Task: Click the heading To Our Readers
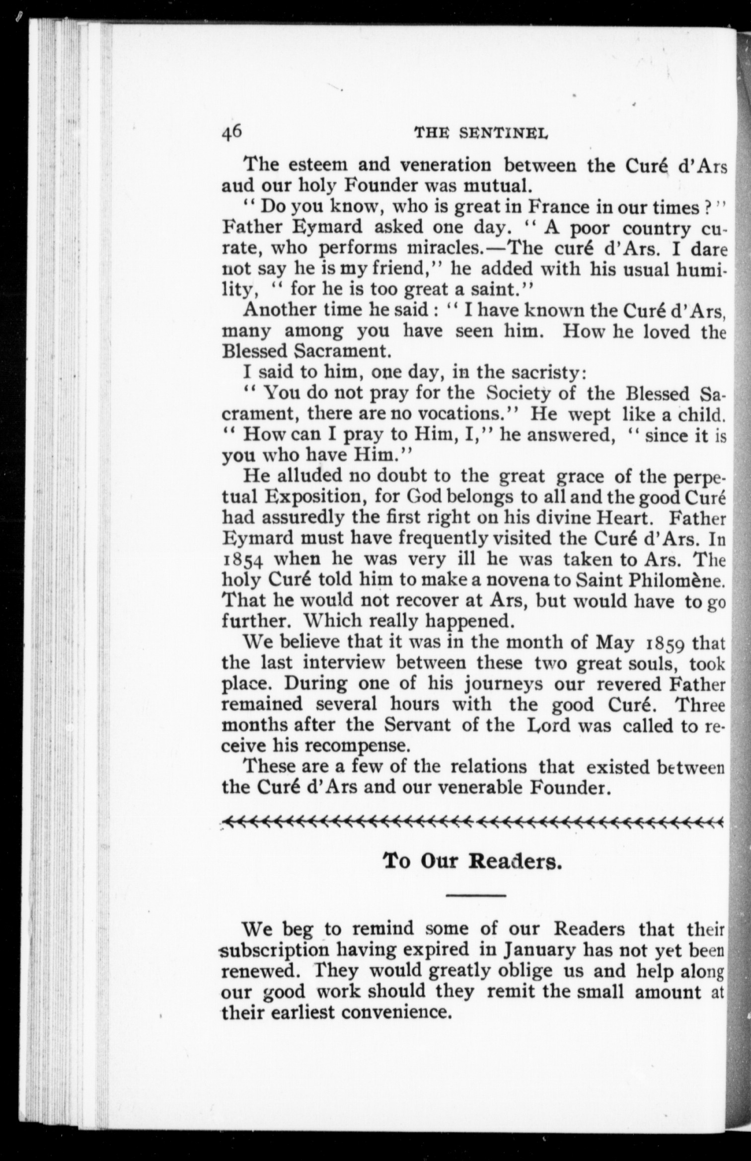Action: (472, 861)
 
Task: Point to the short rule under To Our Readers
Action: (475, 896)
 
